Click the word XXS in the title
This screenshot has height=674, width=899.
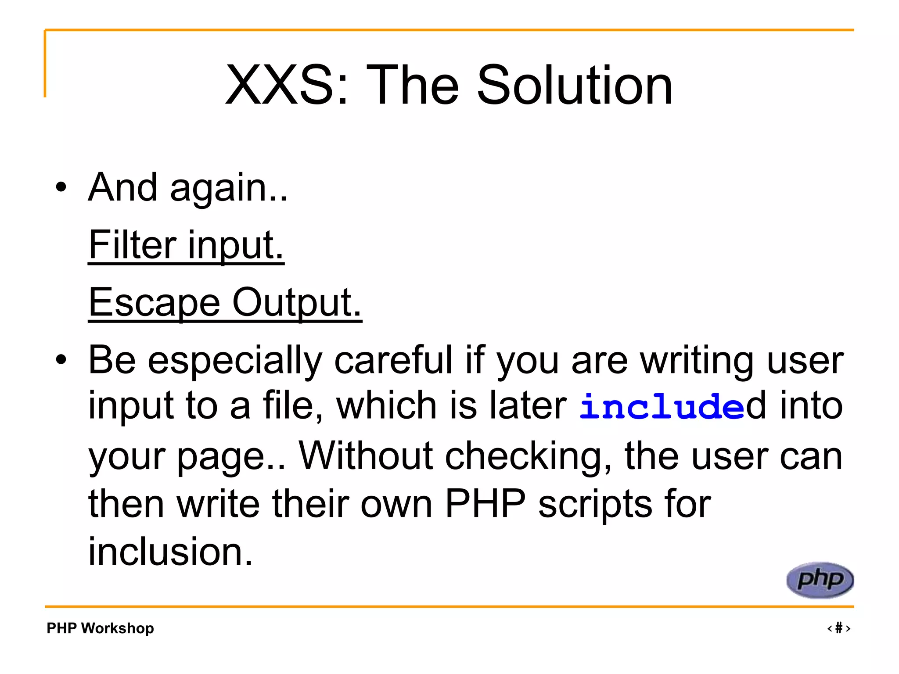[281, 85]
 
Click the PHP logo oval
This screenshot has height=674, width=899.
[820, 580]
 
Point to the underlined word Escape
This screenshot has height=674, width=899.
[154, 303]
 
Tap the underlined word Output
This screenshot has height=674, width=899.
[297, 303]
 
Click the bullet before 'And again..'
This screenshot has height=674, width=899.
[61, 188]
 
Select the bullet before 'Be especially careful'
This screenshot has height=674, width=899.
[61, 360]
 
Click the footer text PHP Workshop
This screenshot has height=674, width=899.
[100, 628]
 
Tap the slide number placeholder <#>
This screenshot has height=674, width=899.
[838, 628]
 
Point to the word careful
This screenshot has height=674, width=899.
[393, 360]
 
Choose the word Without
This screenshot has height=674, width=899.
[366, 456]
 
